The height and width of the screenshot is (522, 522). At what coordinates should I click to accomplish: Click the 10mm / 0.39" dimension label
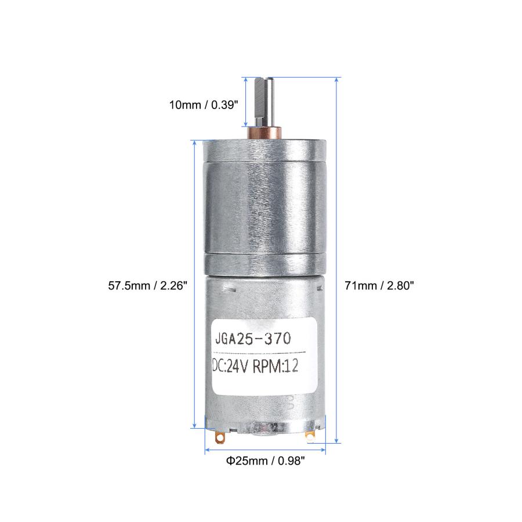(204, 105)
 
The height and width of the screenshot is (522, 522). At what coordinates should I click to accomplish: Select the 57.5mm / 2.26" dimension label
(147, 285)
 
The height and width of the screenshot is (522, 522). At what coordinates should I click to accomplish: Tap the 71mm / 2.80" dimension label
(379, 285)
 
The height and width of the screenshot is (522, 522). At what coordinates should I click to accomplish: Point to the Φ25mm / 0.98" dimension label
(265, 461)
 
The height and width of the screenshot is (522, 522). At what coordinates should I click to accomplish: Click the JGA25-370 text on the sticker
(253, 339)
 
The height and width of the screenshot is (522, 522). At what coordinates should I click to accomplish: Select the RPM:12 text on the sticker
(275, 367)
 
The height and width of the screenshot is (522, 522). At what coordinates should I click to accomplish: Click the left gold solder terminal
(220, 437)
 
